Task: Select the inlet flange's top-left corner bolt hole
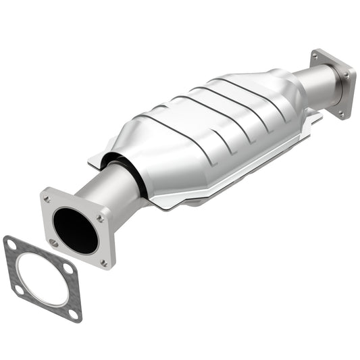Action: [x=47, y=199]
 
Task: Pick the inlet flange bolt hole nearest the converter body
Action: [x=100, y=218]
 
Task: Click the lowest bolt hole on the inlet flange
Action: [x=103, y=262]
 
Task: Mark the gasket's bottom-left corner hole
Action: [x=17, y=290]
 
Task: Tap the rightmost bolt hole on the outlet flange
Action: [x=348, y=76]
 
